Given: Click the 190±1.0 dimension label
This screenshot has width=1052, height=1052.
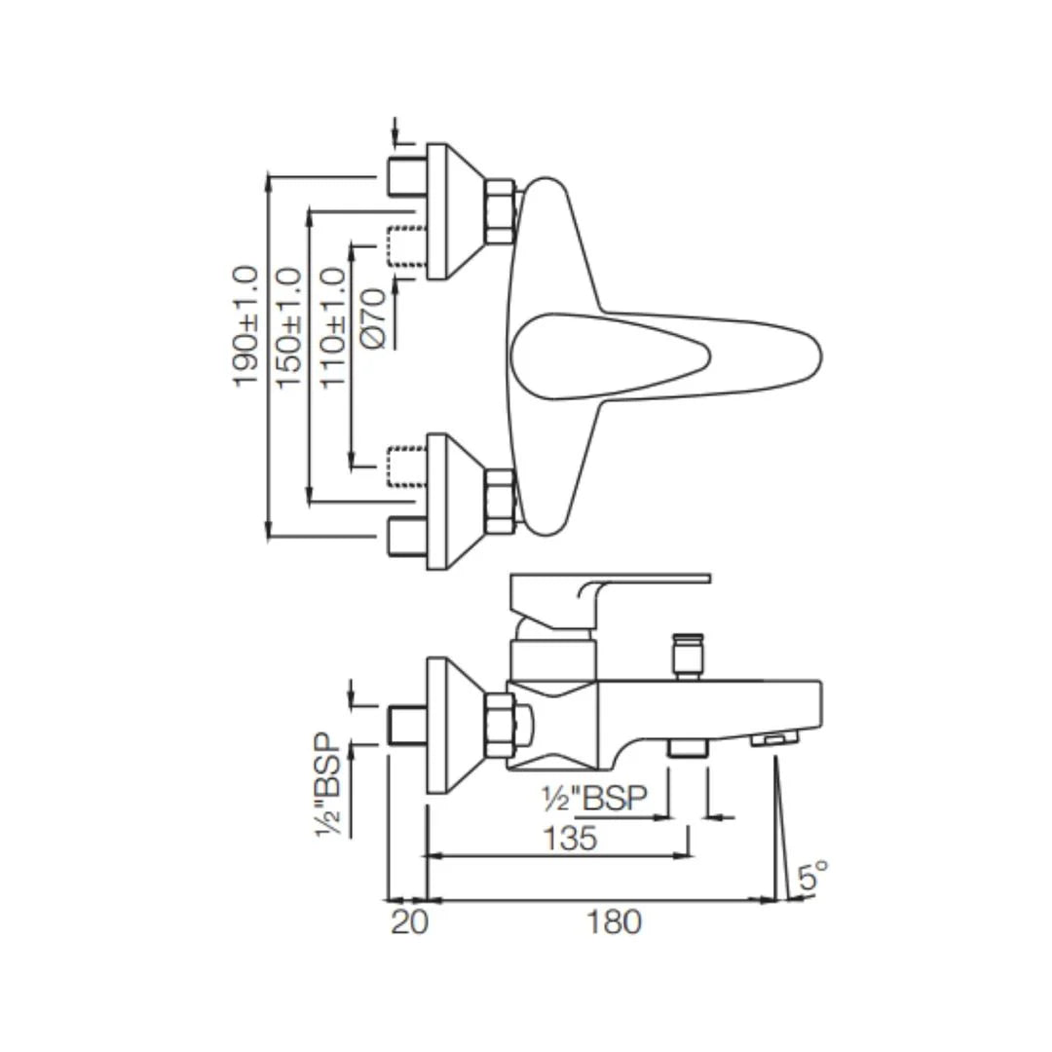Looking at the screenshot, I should point(246,326).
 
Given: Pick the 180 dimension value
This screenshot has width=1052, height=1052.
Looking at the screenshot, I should point(615,921).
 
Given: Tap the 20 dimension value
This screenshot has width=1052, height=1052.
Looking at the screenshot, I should point(409,921).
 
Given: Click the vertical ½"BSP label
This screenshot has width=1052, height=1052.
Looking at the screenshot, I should point(331,785).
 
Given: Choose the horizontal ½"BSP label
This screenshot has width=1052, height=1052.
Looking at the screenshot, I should point(594,798).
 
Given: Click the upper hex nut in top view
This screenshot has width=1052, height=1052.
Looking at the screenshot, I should point(500,211).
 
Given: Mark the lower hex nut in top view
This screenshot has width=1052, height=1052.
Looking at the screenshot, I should point(500,501).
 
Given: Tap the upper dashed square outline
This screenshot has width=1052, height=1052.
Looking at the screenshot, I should point(407,246).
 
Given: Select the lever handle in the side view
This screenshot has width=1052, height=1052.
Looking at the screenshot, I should point(609,590).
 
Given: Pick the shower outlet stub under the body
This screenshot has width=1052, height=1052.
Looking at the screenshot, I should point(687,748).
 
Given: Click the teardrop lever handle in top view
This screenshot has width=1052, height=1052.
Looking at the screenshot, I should point(662,356).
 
